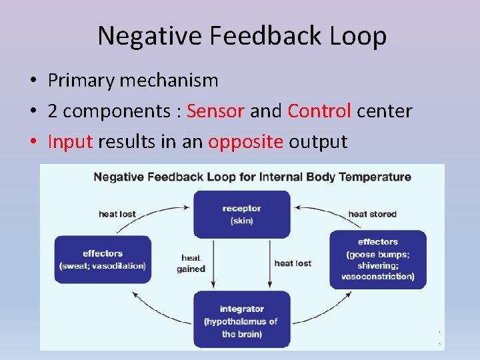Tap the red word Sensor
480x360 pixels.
click(x=215, y=111)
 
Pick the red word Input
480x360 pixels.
click(x=70, y=141)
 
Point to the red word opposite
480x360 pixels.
click(x=246, y=141)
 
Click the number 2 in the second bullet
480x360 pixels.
click(x=53, y=111)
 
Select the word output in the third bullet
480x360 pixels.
click(x=318, y=141)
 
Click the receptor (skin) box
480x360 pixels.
click(x=241, y=214)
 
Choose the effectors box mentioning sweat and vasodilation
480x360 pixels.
click(x=103, y=259)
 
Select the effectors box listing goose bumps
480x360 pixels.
click(x=377, y=259)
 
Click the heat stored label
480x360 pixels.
click(x=372, y=214)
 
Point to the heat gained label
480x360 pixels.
click(x=191, y=263)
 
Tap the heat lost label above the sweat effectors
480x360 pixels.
click(x=117, y=214)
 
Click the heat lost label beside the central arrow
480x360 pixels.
click(x=293, y=263)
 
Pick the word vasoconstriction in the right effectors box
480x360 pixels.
click(x=377, y=277)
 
